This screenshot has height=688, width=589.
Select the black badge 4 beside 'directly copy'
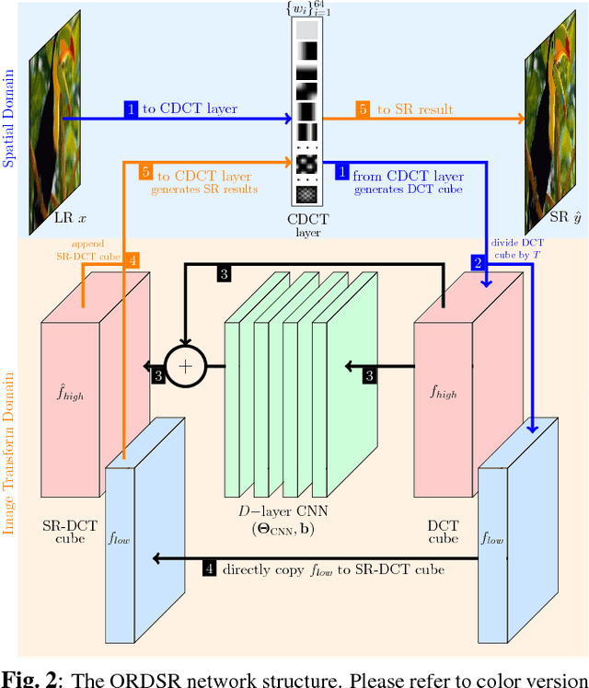pyautogui.click(x=210, y=568)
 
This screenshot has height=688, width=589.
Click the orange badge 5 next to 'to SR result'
pyautogui.click(x=363, y=109)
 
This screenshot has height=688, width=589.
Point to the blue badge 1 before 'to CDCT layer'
pyautogui.click(x=132, y=109)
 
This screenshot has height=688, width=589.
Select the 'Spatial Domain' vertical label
pyautogui.click(x=10, y=120)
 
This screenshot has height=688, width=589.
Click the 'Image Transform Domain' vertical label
pyautogui.click(x=10, y=452)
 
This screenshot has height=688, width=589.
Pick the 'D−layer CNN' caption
pyautogui.click(x=271, y=512)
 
